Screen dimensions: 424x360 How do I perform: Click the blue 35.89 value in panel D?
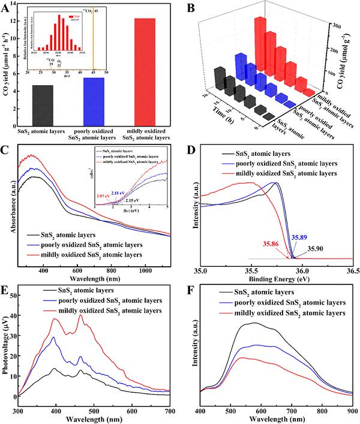(x=298, y=237)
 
